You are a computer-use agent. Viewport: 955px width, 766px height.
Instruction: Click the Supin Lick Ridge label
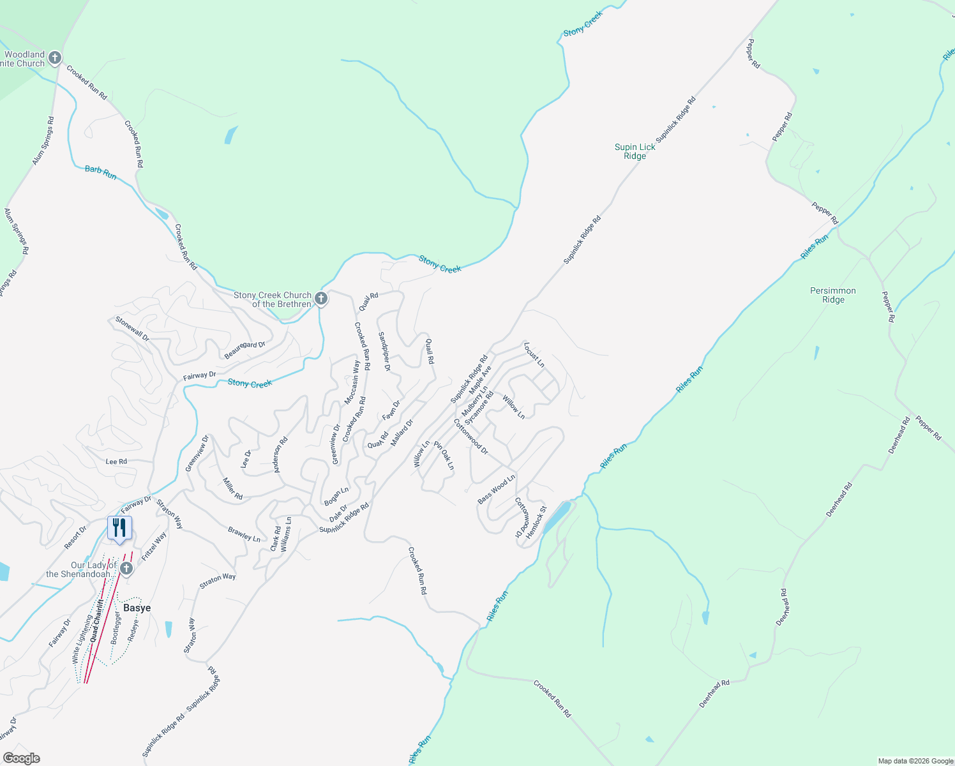coord(635,151)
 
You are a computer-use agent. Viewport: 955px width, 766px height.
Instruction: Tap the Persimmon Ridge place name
coord(833,295)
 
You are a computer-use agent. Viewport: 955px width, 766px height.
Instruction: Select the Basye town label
coord(137,608)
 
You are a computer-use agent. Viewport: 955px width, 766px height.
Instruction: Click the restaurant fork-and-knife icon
coord(119,528)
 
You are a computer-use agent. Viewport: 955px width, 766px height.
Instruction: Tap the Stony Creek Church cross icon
coord(321,298)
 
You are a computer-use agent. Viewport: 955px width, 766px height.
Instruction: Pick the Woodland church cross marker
coord(55,58)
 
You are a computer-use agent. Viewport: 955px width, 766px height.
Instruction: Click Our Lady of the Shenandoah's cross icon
coord(126,568)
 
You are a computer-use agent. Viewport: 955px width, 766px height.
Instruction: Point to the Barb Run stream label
coord(101,172)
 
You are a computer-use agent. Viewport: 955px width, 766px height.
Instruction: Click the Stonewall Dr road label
coord(132,329)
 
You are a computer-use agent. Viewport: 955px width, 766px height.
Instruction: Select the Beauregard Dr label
coord(244,350)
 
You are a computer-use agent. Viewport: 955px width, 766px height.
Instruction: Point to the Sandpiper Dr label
coord(384,351)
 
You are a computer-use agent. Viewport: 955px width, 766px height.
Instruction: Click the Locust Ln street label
coord(534,355)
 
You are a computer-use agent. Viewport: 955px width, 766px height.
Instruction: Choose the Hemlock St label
coord(536,522)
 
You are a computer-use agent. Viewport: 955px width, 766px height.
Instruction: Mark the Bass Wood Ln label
coord(496,490)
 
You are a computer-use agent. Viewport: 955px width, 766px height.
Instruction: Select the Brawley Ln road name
coord(244,534)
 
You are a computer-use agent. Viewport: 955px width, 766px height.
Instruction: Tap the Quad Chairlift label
coord(96,620)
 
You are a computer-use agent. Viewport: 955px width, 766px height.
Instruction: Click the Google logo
coord(22,758)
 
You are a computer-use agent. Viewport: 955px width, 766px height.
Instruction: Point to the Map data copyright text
coord(915,761)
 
